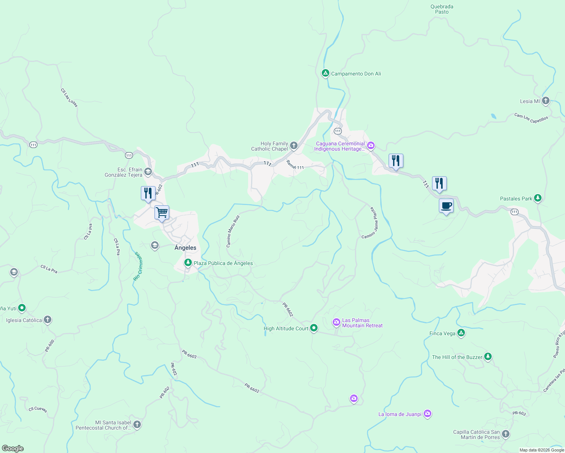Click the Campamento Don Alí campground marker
coord(325,73)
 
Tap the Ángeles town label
coord(185,248)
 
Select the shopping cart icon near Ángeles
coord(162,213)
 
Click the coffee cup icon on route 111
coord(446,206)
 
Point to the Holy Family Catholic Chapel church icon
coord(294,146)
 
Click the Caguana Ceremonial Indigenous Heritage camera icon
coord(371,146)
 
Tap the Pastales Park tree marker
coord(538,198)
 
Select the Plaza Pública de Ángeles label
coord(223,263)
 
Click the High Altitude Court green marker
coord(313,328)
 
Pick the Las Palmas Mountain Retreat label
coord(362,323)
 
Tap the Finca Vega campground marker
coord(461,333)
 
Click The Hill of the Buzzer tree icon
coord(488,356)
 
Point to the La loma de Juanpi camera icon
coord(427,414)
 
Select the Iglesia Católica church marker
coord(47,320)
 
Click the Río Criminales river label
coord(138,267)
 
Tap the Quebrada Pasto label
coord(442,9)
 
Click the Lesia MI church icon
coord(545,101)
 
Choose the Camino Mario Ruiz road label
coord(233,231)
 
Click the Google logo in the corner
coord(13,448)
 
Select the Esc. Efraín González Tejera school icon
coord(148,172)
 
